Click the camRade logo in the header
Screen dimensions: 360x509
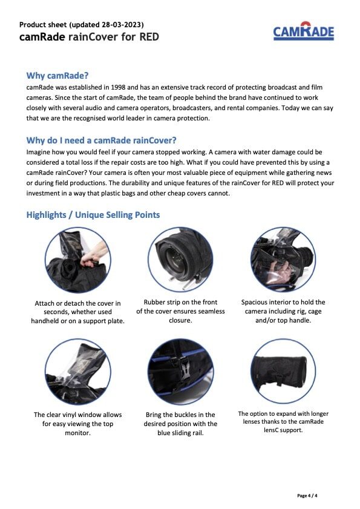point(304,31)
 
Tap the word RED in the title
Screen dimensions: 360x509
point(149,37)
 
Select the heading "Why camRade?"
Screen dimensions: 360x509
point(57,76)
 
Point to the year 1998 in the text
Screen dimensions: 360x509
point(118,87)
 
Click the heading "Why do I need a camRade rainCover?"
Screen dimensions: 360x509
point(101,140)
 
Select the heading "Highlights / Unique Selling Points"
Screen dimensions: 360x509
point(93,215)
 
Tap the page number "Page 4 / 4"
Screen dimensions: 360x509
point(307,496)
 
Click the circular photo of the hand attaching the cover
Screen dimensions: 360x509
point(78,260)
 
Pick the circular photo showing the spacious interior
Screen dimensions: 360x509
point(283,259)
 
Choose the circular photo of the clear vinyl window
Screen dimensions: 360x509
point(78,372)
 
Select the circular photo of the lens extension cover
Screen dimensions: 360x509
point(283,371)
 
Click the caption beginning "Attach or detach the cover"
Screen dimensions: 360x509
point(78,312)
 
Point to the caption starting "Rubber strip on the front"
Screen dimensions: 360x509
point(180,311)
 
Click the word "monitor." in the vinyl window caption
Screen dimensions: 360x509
point(78,433)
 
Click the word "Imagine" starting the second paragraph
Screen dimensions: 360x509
point(38,153)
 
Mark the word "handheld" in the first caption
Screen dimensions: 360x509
point(45,321)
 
